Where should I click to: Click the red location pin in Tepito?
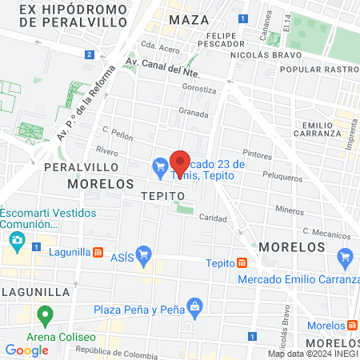click(x=180, y=163)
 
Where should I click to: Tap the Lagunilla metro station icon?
click(x=98, y=252)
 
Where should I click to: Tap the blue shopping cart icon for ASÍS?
click(x=144, y=256)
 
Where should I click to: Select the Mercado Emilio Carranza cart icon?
click(x=346, y=257)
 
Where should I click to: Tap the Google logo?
click(x=26, y=350)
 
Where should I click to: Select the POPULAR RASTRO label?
click(x=318, y=70)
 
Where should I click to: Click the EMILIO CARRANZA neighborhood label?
click(x=323, y=132)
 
